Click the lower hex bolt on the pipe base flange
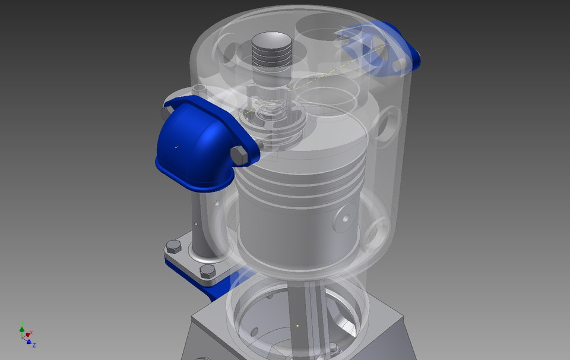tap(207, 271)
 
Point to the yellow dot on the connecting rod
tap(297, 326)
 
